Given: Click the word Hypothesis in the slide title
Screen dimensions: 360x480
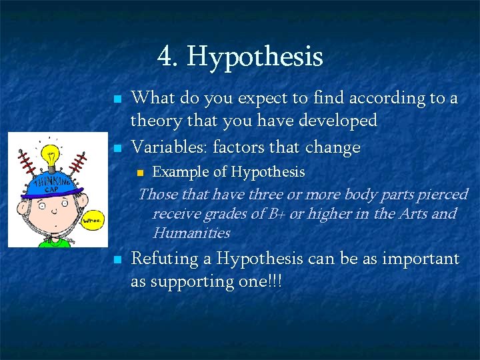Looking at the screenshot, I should [255, 57].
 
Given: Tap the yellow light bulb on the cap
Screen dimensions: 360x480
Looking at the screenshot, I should [51, 158].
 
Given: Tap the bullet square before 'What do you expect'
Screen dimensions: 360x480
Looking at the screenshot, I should [117, 99].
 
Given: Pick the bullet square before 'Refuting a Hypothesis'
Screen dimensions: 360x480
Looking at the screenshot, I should [117, 260].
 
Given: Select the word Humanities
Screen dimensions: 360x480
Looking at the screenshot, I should [191, 233].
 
